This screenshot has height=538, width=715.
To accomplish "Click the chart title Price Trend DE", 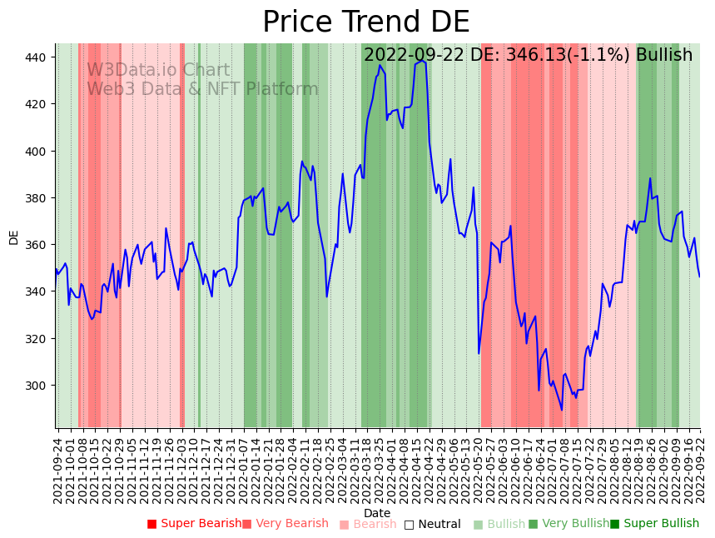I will point(365,22).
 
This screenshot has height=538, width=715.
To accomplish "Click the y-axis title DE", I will point(13,237).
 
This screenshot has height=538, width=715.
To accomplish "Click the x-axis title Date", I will point(377,513).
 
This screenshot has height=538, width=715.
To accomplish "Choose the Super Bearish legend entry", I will point(201,524).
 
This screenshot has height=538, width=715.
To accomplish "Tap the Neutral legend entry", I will point(439,524).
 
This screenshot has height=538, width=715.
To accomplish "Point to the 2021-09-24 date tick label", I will point(58,471).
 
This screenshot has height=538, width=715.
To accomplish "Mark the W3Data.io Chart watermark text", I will point(158,71).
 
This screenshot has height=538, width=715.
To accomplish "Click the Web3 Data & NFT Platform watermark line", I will point(202,89).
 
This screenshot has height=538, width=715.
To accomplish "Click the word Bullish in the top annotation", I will point(663,56).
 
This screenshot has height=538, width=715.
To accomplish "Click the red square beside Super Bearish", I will point(152,524).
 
